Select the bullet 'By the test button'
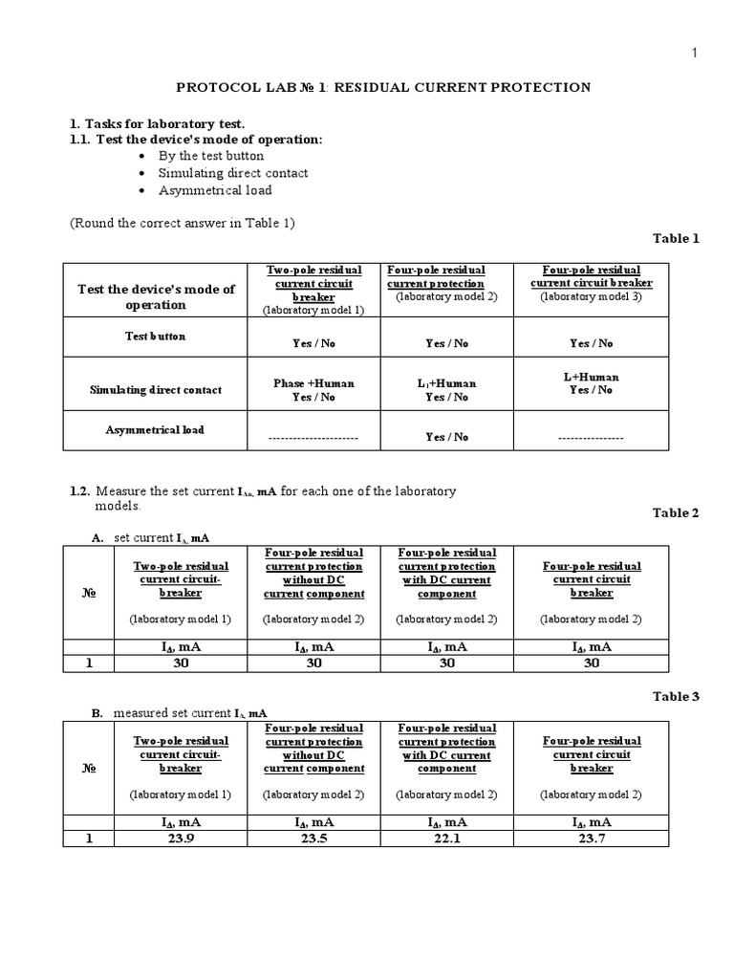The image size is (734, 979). (x=211, y=156)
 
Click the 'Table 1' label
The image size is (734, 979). (x=676, y=238)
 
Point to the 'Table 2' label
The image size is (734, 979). (x=676, y=513)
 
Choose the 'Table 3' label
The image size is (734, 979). (x=676, y=697)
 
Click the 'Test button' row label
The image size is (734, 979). (x=155, y=337)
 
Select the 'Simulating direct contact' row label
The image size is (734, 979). (x=156, y=390)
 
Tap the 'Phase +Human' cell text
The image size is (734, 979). (x=313, y=383)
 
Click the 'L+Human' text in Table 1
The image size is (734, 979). (x=591, y=377)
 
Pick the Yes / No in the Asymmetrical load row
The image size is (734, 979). (x=447, y=437)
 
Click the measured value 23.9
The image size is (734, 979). (x=181, y=838)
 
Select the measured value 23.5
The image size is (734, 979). (x=313, y=838)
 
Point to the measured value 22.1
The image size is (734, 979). (x=446, y=838)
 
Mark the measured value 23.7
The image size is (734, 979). (x=591, y=838)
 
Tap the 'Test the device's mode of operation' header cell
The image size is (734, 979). (x=156, y=296)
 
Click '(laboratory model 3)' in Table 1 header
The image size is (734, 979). (x=591, y=296)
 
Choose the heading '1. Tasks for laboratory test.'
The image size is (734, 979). (x=157, y=123)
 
